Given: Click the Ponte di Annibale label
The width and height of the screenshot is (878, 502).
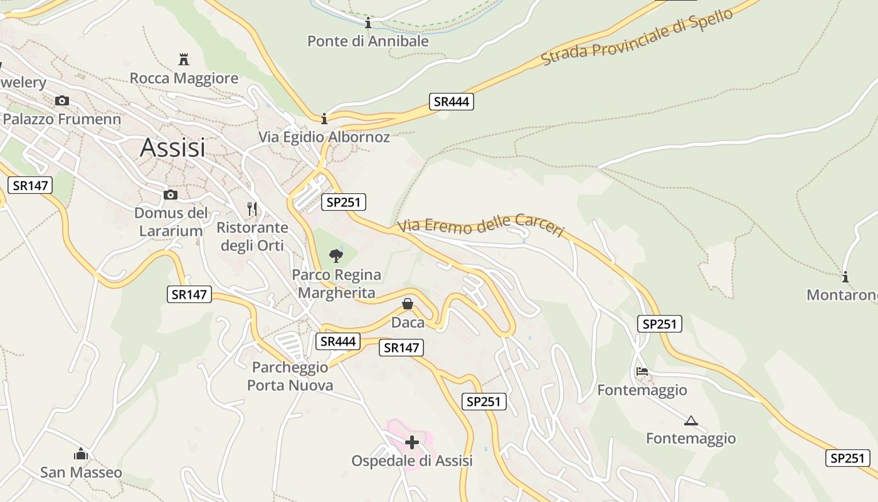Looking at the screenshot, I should pyautogui.click(x=368, y=41).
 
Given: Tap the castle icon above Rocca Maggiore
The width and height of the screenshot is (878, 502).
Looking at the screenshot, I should pyautogui.click(x=184, y=60).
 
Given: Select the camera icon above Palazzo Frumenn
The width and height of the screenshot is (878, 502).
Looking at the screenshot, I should pyautogui.click(x=61, y=100).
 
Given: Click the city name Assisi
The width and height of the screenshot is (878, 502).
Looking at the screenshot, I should pyautogui.click(x=172, y=147).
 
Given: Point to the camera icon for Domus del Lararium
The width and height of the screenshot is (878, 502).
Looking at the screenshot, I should pyautogui.click(x=170, y=195).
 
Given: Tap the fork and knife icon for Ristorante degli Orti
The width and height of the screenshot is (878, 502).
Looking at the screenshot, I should pyautogui.click(x=252, y=208).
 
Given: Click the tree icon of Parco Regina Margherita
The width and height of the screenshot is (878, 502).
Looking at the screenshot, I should pyautogui.click(x=336, y=255).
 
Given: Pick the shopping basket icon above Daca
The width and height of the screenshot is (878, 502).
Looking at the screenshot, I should pyautogui.click(x=408, y=304).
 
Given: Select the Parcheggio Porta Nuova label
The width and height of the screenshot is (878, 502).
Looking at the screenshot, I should pyautogui.click(x=290, y=376).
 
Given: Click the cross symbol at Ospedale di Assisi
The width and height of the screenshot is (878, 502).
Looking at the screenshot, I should pyautogui.click(x=412, y=442).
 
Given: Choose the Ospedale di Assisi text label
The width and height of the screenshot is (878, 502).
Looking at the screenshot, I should pyautogui.click(x=412, y=461).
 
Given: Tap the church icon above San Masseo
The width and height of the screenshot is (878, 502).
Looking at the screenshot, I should pyautogui.click(x=81, y=454).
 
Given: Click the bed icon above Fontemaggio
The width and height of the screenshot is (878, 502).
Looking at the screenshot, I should pyautogui.click(x=642, y=371).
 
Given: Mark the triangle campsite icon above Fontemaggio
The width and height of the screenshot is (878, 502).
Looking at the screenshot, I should pyautogui.click(x=691, y=420).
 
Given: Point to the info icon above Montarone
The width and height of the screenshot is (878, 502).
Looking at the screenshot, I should pyautogui.click(x=845, y=277).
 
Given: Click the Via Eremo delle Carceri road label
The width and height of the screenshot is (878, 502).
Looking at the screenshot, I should pyautogui.click(x=482, y=226).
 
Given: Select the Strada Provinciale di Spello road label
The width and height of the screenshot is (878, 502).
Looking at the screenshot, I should pyautogui.click(x=637, y=37).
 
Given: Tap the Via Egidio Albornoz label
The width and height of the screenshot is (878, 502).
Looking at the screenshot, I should pyautogui.click(x=324, y=137).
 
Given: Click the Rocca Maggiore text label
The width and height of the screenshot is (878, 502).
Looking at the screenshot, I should pyautogui.click(x=184, y=78).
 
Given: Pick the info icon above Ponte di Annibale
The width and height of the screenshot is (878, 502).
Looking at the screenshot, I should pyautogui.click(x=368, y=24).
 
